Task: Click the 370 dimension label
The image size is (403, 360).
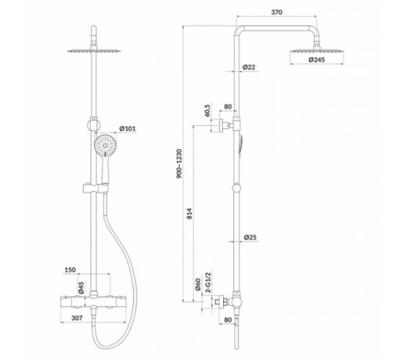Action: [x=276, y=12]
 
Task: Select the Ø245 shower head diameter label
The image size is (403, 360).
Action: [x=317, y=60]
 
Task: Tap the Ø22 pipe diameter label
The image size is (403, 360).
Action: [x=249, y=67]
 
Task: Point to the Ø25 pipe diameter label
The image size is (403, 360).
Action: [x=250, y=237]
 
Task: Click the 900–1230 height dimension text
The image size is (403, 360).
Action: [x=179, y=163]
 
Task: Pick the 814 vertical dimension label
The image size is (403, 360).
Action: [x=189, y=213]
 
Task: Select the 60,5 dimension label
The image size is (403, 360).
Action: [x=207, y=109]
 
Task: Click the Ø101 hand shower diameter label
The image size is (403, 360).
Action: [x=127, y=128]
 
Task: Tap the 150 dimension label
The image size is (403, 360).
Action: [x=70, y=270]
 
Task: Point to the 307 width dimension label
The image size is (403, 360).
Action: [x=77, y=318]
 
